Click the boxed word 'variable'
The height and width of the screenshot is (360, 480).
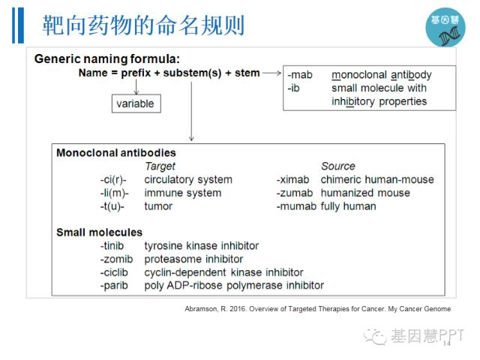point(135,103)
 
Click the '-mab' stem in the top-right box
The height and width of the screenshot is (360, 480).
point(300,75)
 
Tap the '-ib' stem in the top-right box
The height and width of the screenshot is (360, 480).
point(293,88)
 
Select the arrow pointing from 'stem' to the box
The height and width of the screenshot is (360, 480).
point(271,73)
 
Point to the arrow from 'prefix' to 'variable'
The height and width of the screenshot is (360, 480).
point(136,87)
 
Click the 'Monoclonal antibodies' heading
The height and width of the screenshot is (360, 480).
point(116,153)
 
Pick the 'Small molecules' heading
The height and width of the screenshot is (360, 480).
point(99,232)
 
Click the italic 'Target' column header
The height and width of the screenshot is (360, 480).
point(160,166)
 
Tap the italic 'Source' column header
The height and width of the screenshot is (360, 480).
point(338,166)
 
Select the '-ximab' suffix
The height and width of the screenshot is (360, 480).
point(293,179)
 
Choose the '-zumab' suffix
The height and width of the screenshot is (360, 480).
point(295,193)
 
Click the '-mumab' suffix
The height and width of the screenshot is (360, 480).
point(297,206)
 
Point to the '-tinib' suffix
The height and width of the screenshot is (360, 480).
point(112,245)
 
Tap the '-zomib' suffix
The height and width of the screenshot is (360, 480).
point(117,259)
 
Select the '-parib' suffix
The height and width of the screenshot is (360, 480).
point(114,286)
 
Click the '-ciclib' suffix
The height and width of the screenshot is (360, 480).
point(114,272)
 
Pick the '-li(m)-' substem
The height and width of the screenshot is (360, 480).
point(115,193)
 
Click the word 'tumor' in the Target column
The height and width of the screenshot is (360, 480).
point(158,206)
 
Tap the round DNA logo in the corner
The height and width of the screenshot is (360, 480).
point(445,27)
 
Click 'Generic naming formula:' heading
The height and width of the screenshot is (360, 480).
point(107,58)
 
